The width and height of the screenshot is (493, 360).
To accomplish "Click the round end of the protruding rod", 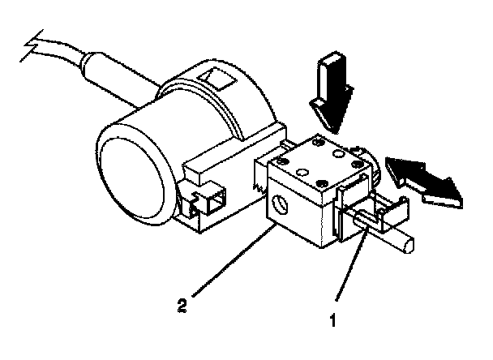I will (x=412, y=242).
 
